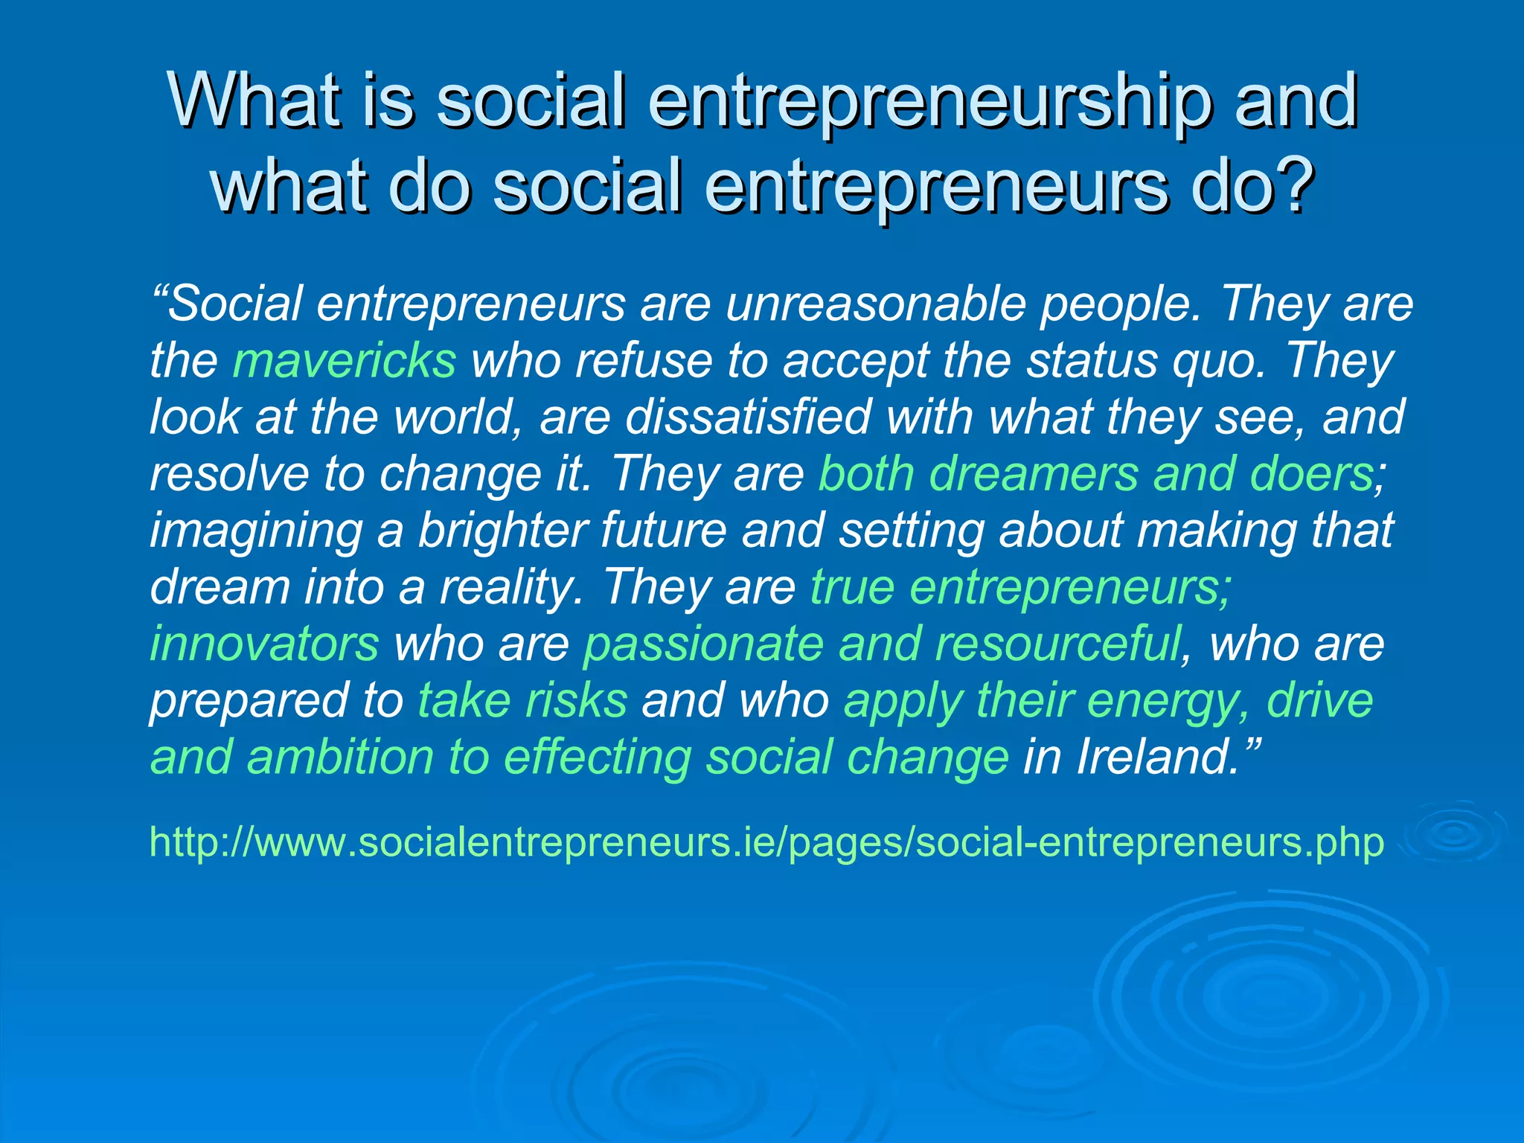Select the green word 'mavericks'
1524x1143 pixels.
pyautogui.click(x=345, y=360)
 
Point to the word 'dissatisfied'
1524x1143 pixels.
pyautogui.click(x=747, y=417)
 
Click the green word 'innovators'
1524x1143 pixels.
pyautogui.click(x=264, y=644)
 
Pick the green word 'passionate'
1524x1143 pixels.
pyautogui.click(x=703, y=644)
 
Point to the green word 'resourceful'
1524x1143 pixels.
pyautogui.click(x=1057, y=644)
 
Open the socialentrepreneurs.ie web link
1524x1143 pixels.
pyautogui.click(x=766, y=842)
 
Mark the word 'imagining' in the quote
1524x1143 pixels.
pyautogui.click(x=256, y=531)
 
